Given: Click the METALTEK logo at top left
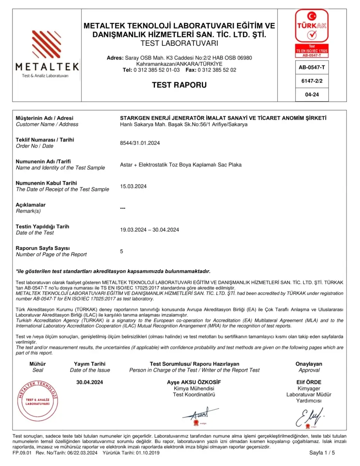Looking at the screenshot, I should click(47, 54).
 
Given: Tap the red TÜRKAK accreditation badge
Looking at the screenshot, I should click(312, 33).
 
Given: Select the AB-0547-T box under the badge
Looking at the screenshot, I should click(312, 67).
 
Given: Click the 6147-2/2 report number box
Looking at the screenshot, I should click(312, 81).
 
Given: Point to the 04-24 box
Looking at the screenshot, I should click(312, 94).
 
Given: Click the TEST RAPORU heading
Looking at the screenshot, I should click(179, 85).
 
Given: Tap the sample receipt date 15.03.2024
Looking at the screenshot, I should click(133, 186).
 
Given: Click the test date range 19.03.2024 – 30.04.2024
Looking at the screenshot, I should click(150, 230).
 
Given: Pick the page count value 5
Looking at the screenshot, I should click(122, 251).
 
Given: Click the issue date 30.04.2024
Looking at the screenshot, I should click(90, 382).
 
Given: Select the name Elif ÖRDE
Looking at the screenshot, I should click(309, 382).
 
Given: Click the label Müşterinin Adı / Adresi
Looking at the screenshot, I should click(44, 118).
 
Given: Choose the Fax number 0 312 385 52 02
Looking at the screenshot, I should click(217, 70).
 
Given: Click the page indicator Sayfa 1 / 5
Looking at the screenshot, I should click(322, 453).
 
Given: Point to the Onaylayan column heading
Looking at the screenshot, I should click(309, 364).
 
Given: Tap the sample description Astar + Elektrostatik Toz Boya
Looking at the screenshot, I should click(181, 165).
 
